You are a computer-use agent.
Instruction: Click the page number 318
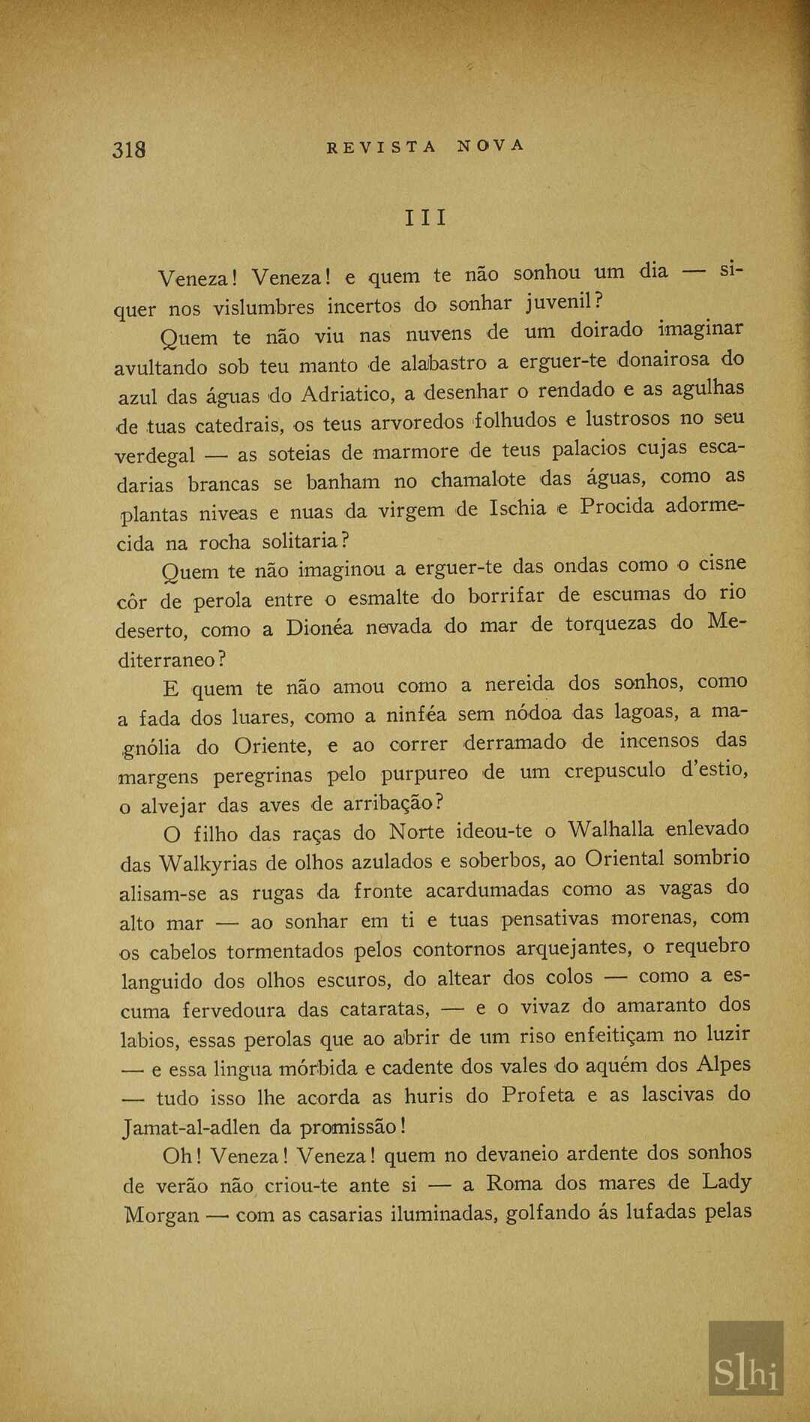129,149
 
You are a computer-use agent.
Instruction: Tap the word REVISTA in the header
381,147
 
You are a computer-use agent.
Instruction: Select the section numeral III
425,218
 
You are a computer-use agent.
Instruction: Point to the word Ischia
517,509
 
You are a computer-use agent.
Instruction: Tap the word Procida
617,507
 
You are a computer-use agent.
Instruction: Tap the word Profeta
538,1095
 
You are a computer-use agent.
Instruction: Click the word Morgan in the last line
161,1215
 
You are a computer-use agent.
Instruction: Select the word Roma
514,1183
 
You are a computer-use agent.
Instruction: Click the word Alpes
723,1065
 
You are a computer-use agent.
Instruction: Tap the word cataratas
385,1009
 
